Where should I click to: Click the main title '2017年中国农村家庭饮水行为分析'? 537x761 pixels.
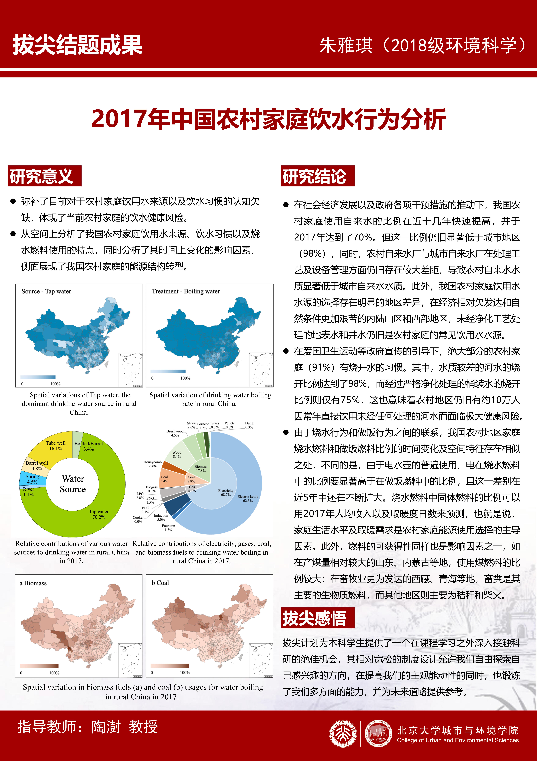(268, 119)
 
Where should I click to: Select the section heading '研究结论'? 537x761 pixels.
(315, 176)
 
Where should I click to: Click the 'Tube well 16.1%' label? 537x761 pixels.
(56, 446)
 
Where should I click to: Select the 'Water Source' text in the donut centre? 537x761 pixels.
(73, 484)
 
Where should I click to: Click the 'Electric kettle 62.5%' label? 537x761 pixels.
(248, 498)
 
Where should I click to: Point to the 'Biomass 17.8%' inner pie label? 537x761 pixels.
(201, 468)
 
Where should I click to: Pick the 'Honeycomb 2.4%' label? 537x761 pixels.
(153, 464)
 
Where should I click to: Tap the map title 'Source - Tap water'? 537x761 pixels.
(46, 291)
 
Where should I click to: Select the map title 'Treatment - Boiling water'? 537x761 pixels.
(186, 291)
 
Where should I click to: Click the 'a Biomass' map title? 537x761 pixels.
(33, 583)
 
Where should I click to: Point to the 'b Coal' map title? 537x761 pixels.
(160, 583)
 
